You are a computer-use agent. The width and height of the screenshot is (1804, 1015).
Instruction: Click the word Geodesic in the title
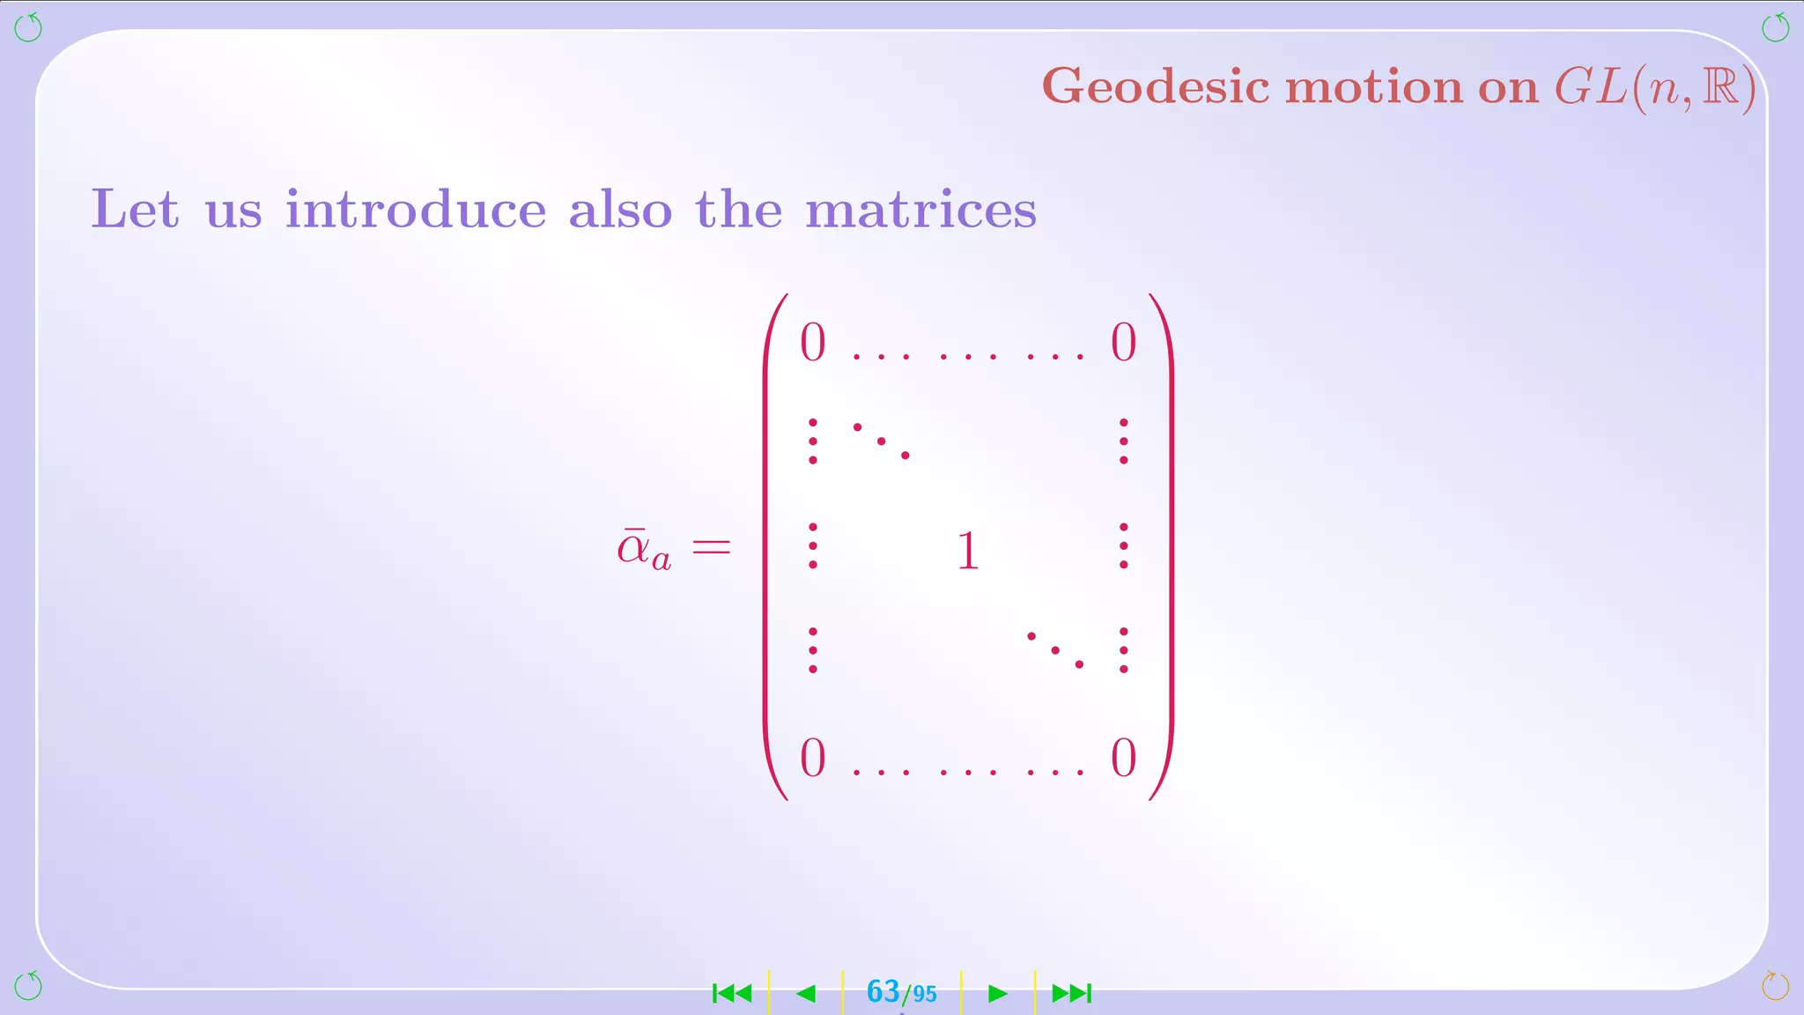click(x=1156, y=88)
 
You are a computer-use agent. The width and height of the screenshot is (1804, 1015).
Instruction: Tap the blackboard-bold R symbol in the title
click(x=1720, y=87)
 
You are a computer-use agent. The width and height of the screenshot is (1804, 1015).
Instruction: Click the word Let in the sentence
click(x=135, y=210)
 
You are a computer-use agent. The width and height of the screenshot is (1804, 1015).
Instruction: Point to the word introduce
click(x=416, y=210)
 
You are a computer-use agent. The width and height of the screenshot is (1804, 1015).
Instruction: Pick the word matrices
click(x=920, y=210)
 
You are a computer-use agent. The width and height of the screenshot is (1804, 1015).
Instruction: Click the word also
click(x=620, y=210)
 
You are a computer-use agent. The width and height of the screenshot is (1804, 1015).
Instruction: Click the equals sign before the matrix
click(x=712, y=547)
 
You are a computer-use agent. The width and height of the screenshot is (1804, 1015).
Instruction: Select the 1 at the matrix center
click(x=967, y=551)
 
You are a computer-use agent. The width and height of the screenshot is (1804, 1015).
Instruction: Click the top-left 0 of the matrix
click(x=812, y=342)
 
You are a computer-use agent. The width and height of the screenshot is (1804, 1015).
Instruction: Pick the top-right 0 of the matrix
click(x=1123, y=342)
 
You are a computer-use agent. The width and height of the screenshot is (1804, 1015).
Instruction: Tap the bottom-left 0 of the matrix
click(x=812, y=758)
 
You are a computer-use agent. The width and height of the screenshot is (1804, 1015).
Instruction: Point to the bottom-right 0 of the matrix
click(x=1123, y=758)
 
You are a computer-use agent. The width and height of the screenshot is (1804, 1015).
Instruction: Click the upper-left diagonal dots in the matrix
click(x=881, y=441)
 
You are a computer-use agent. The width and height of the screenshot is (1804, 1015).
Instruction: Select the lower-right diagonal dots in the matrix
click(x=1054, y=650)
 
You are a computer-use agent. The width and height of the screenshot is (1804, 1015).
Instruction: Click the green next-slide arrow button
click(x=997, y=994)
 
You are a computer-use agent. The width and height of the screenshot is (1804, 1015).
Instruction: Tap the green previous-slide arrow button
click(x=805, y=994)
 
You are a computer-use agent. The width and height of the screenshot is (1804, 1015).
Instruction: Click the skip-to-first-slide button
click(x=732, y=994)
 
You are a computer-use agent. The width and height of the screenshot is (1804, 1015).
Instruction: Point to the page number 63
click(x=883, y=992)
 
